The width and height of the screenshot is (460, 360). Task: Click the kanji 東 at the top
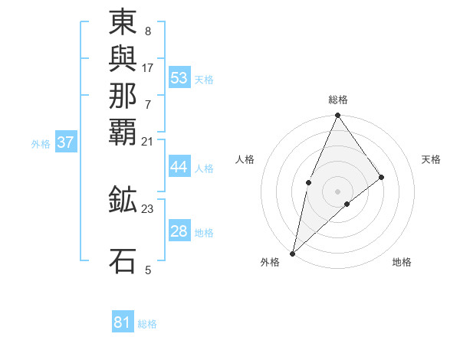[123, 22]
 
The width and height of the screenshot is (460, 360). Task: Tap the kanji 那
[123, 94]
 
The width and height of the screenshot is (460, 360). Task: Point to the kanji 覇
[123, 130]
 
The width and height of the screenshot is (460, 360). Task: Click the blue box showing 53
[179, 78]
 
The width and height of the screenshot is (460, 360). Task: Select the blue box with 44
[179, 168]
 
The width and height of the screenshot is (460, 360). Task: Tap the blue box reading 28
[179, 232]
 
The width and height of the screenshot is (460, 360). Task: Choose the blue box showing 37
[66, 142]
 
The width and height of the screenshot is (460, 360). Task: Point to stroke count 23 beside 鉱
[148, 208]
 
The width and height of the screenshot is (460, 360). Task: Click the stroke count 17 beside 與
[148, 67]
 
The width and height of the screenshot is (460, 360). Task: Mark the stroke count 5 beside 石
[148, 269]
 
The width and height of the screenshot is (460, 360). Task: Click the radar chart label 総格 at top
[338, 100]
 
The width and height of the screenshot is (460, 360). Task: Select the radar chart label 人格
[245, 159]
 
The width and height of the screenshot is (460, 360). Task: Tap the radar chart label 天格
[432, 159]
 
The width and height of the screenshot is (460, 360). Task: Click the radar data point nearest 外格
[293, 253]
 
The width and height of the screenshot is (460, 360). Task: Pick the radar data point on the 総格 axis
[338, 116]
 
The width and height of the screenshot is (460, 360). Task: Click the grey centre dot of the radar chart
[338, 191]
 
